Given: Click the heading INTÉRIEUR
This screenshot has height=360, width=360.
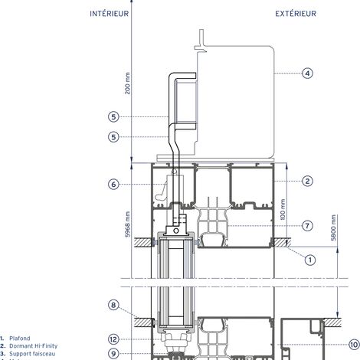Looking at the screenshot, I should (109, 14).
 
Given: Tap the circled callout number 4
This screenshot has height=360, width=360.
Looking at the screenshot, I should (307, 74).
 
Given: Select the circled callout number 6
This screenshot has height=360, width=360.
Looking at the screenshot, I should (113, 184).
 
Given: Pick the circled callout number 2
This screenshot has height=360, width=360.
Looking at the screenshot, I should (307, 181).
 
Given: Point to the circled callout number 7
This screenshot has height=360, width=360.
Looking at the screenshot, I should (307, 226).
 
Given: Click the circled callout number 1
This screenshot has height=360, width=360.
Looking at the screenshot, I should (310, 259).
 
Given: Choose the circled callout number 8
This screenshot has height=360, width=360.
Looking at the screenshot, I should (113, 305).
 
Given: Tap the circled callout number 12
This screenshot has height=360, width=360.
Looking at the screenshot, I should (113, 339).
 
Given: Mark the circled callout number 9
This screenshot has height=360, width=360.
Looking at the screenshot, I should (113, 353).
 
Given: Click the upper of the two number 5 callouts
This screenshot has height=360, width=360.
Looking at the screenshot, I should (113, 116).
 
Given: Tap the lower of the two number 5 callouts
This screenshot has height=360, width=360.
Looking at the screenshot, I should (113, 137).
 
